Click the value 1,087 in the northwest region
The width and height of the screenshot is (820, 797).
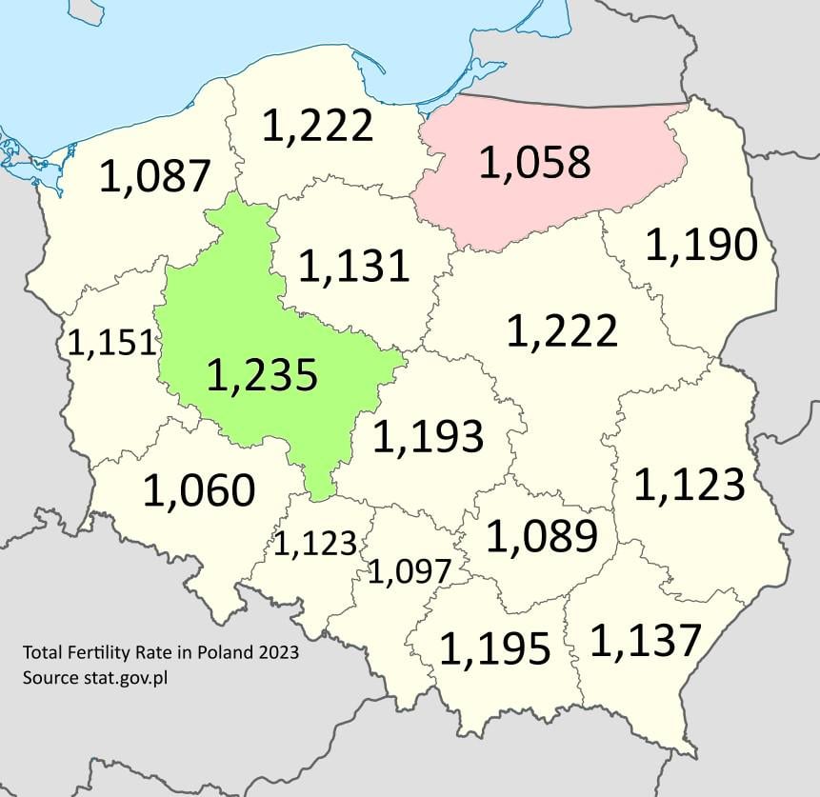click(x=154, y=176)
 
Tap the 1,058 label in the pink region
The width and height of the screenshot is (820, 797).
click(x=534, y=163)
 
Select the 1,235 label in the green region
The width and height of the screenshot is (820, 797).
click(x=261, y=376)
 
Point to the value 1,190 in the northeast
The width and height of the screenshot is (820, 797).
click(x=701, y=246)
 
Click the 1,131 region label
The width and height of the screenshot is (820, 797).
click(x=353, y=266)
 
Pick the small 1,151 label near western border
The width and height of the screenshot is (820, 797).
click(x=110, y=344)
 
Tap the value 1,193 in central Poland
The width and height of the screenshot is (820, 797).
click(x=428, y=436)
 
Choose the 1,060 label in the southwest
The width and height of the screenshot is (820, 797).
click(x=199, y=490)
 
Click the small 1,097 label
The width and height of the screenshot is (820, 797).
click(x=409, y=571)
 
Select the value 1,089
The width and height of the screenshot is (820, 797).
click(x=542, y=537)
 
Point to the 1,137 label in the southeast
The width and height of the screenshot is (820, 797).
click(x=646, y=641)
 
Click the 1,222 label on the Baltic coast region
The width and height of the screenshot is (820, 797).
click(x=317, y=126)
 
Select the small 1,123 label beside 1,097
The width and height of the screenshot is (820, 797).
click(x=315, y=544)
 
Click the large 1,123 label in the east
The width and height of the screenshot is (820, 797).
click(x=689, y=485)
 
